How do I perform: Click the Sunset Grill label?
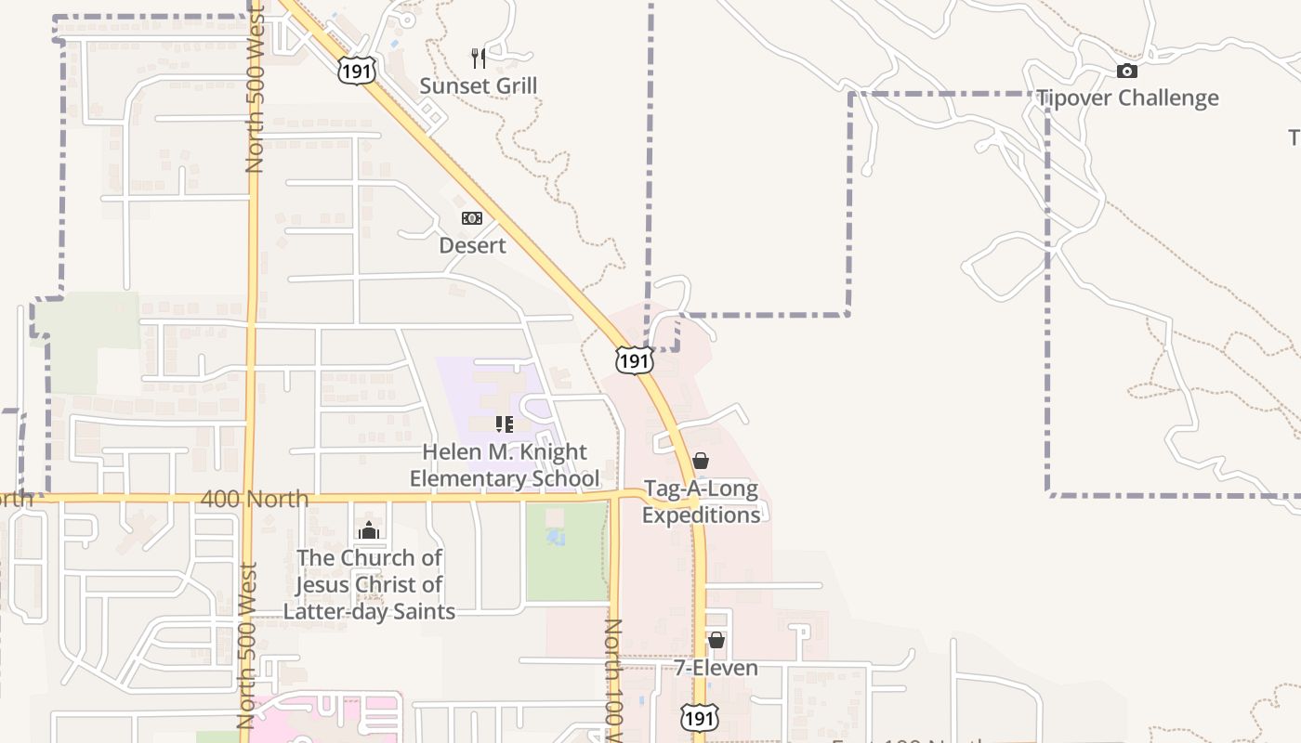pos(479,86)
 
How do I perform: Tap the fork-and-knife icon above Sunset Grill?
pos(479,59)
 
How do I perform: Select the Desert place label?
pos(472,245)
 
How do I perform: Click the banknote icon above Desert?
pos(472,218)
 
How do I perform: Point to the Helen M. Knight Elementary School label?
pos(505,465)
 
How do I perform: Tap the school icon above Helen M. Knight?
pos(505,424)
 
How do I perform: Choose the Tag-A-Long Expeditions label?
pos(701,502)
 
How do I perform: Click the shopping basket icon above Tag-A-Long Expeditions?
pos(701,461)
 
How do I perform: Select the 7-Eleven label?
pos(716,668)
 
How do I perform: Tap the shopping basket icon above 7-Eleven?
pos(716,640)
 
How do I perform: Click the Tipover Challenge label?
pos(1127,98)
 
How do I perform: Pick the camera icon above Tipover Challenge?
pos(1126,71)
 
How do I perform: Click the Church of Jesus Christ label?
pos(369,584)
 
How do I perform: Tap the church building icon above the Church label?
pos(369,530)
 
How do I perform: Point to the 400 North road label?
pos(255,499)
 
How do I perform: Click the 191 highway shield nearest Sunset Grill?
pos(357,70)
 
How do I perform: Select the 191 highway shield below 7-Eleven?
pos(698,717)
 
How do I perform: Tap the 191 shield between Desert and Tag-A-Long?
pos(634,359)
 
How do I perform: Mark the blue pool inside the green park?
pos(556,537)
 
